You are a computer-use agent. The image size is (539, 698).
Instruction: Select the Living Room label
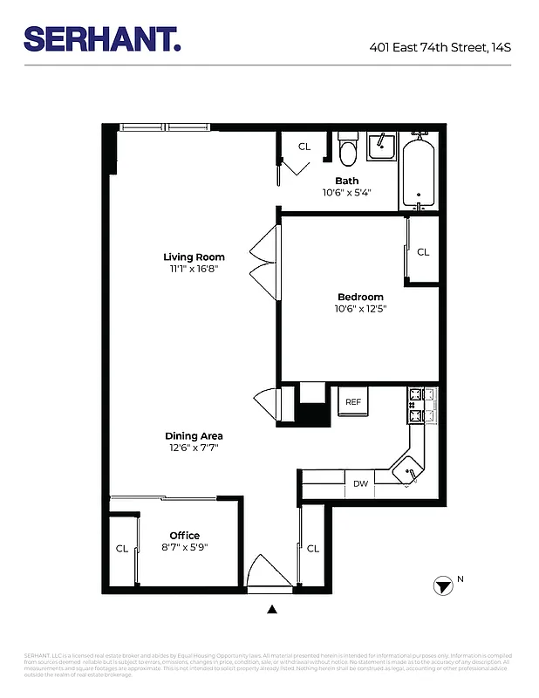click(194, 257)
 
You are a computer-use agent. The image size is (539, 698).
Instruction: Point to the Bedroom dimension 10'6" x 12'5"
click(360, 308)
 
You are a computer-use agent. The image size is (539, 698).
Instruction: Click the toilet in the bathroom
click(348, 151)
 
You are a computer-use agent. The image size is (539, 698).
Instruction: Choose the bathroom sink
click(381, 147)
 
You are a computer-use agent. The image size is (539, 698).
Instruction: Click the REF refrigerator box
click(353, 402)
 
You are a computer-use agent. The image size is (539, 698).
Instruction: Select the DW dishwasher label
click(360, 482)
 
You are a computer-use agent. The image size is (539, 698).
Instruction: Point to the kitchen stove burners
click(415, 404)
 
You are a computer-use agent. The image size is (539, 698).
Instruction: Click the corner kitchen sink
click(407, 471)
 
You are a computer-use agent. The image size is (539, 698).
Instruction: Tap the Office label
click(185, 536)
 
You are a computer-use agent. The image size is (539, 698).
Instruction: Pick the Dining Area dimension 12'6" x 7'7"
click(194, 448)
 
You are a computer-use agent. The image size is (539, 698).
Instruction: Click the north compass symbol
click(444, 585)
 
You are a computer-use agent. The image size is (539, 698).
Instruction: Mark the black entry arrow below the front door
click(272, 610)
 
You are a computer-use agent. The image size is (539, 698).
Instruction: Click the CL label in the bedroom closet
click(423, 252)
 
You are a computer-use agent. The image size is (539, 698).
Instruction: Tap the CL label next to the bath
click(304, 147)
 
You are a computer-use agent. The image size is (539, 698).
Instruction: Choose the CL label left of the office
click(122, 549)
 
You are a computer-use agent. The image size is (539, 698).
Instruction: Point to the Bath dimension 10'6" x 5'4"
click(347, 193)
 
